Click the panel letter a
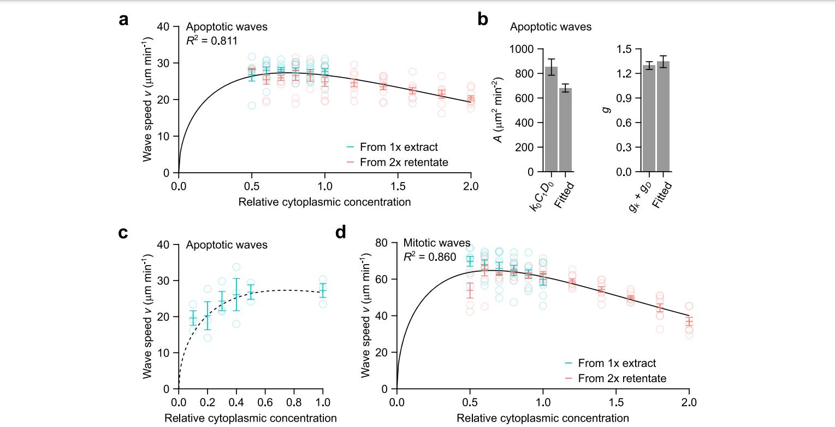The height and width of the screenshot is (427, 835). point(124,20)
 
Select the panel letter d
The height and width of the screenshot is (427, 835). point(341,233)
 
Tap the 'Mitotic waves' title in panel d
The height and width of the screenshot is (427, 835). point(436,243)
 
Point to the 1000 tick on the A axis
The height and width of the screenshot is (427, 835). point(522,49)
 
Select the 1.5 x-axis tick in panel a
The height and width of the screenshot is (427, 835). point(398,185)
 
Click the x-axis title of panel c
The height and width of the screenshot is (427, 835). point(250,418)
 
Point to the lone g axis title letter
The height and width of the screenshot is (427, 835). point(603,110)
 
